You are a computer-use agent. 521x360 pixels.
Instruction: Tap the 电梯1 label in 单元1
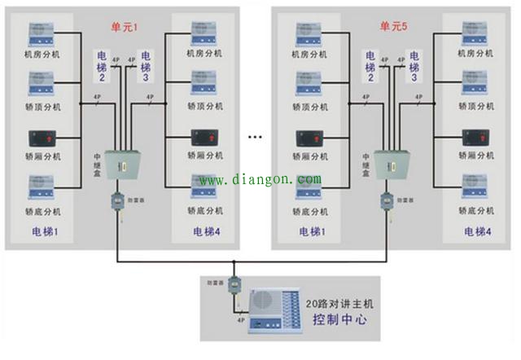coord(44,232)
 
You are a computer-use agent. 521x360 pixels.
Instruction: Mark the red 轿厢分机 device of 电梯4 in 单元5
coord(475,138)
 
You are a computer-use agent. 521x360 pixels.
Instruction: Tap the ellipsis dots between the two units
coord(256,136)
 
